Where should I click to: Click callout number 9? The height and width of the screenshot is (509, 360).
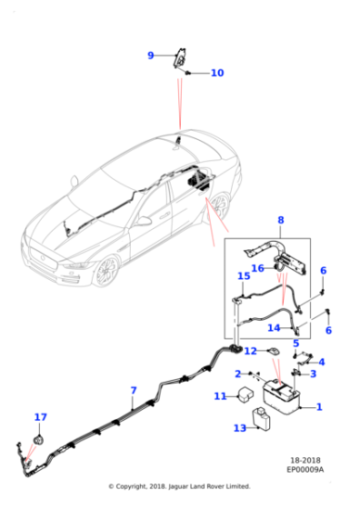click(151, 55)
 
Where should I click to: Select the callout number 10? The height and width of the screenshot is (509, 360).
click(216, 73)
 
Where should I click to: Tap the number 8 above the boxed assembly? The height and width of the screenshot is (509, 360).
click(280, 220)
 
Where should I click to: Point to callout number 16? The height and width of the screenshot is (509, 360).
click(258, 268)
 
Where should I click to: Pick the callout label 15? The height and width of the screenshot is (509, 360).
click(244, 275)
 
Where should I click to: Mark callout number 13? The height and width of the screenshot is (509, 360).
click(240, 427)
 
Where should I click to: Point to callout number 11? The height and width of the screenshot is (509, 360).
click(220, 396)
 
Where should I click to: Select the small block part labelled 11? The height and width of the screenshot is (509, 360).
click(245, 395)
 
